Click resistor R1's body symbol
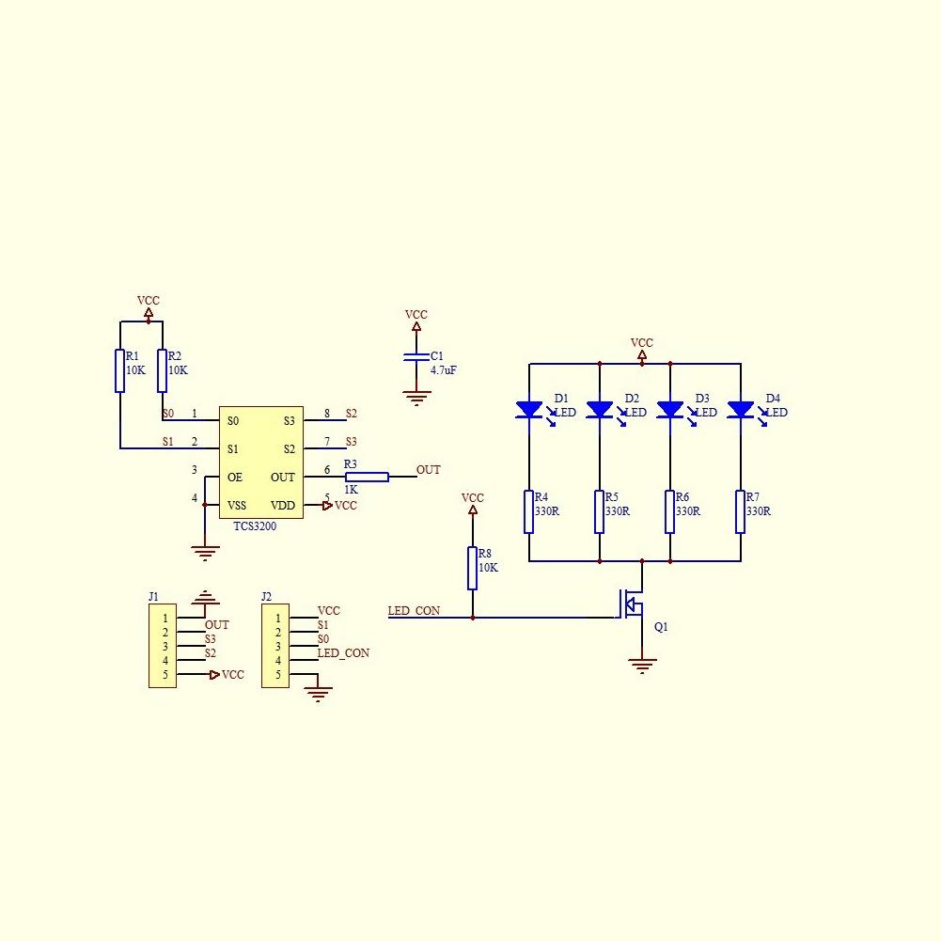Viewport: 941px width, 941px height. [120, 370]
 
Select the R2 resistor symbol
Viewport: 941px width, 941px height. [162, 370]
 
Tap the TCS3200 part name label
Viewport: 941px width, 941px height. [255, 526]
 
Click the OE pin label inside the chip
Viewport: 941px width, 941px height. [235, 478]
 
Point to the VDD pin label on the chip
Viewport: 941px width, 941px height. [283, 506]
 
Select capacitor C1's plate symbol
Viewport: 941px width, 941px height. [416, 357]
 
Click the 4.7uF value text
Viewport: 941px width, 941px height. [444, 370]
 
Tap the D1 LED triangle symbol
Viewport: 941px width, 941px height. [529, 410]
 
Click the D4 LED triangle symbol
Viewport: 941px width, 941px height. [741, 410]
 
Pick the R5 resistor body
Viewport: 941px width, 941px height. [599, 511]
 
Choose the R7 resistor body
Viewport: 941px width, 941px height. [740, 511]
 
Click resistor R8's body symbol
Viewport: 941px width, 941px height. [472, 568]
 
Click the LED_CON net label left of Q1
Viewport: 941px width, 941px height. [414, 611]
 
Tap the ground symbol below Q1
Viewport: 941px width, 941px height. [642, 667]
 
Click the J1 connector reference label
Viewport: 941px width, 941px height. [153, 596]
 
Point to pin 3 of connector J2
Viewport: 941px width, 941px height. [277, 647]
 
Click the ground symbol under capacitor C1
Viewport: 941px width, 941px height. [416, 399]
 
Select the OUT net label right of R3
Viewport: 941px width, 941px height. [428, 470]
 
